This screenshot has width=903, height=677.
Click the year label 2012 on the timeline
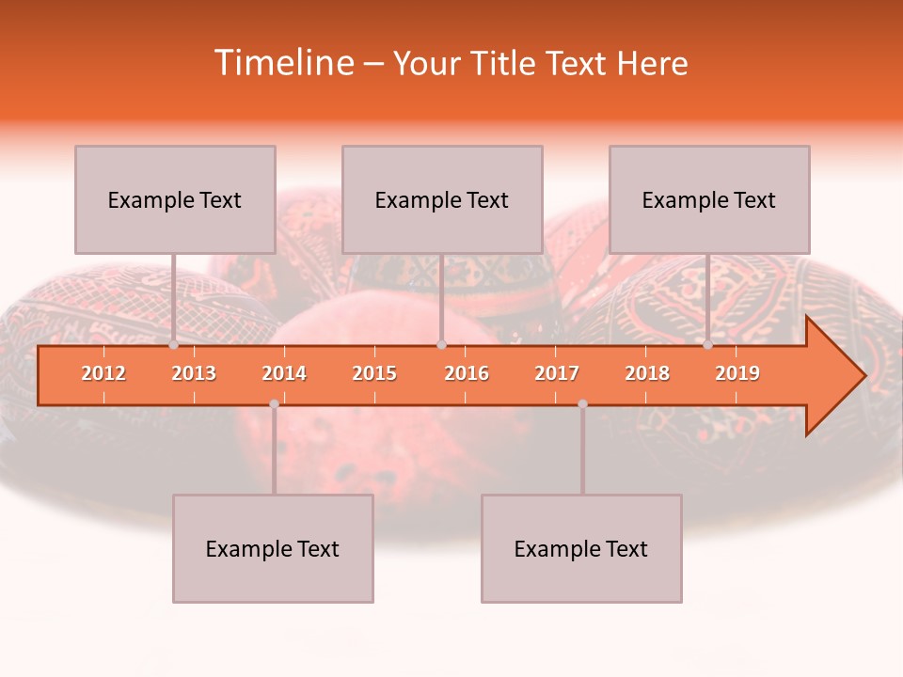pyautogui.click(x=103, y=373)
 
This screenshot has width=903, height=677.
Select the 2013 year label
pyautogui.click(x=194, y=373)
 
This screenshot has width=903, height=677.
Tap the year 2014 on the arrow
pyautogui.click(x=284, y=373)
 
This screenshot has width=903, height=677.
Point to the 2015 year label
pyautogui.click(x=374, y=373)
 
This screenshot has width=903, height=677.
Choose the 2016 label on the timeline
pyautogui.click(x=467, y=373)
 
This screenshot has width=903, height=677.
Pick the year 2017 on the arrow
pyautogui.click(x=557, y=373)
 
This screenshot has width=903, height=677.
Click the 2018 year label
pyautogui.click(x=647, y=373)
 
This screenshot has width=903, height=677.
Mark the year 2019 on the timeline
pyautogui.click(x=737, y=373)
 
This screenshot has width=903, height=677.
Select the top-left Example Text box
pyautogui.click(x=175, y=199)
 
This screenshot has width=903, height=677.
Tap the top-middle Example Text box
pyautogui.click(x=442, y=199)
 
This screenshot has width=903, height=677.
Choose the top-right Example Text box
pyautogui.click(x=709, y=199)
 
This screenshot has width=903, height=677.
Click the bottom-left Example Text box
pyautogui.click(x=273, y=548)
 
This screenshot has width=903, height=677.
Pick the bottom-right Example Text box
pyautogui.click(x=581, y=548)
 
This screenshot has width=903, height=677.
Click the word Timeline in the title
pyautogui.click(x=283, y=63)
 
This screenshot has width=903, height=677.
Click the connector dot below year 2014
pyautogui.click(x=274, y=403)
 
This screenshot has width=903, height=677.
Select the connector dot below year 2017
pyautogui.click(x=582, y=403)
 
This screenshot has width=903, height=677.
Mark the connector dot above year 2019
pyautogui.click(x=708, y=344)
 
